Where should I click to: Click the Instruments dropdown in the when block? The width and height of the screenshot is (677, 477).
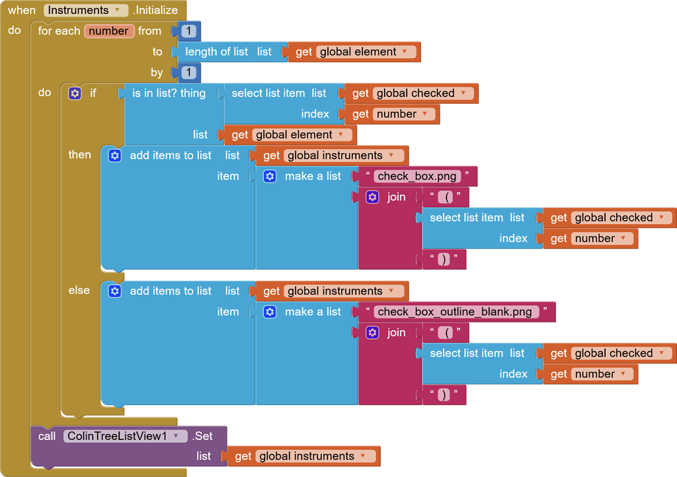(x=86, y=10)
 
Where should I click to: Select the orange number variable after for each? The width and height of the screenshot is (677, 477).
(x=109, y=31)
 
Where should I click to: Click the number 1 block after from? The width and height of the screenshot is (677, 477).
(x=188, y=31)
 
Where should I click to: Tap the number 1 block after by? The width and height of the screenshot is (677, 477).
(x=188, y=73)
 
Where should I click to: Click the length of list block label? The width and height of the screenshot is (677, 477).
(x=216, y=52)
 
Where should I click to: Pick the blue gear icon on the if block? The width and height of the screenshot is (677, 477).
(x=75, y=93)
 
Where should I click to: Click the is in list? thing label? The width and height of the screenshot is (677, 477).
(x=169, y=93)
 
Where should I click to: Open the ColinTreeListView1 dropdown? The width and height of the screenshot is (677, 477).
(x=126, y=436)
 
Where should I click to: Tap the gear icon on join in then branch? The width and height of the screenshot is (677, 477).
(x=372, y=197)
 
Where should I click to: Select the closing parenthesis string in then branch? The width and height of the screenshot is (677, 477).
(x=444, y=259)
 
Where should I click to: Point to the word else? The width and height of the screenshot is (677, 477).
(x=79, y=290)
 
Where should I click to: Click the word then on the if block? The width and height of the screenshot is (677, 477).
(x=80, y=155)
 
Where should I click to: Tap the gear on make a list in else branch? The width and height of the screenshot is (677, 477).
(x=270, y=312)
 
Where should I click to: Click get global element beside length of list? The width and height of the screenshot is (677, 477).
(x=354, y=52)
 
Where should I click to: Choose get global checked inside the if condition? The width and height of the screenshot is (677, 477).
(x=410, y=93)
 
